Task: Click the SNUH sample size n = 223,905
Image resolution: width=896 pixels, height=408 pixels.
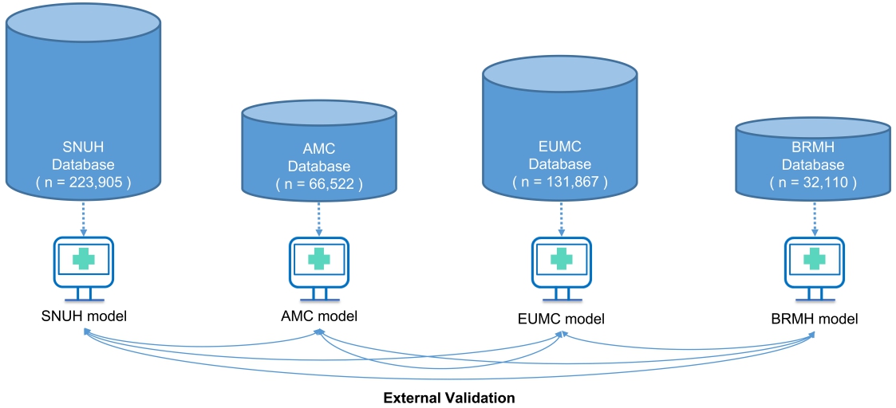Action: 83,182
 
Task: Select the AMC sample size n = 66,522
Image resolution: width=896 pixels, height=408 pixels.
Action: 319,184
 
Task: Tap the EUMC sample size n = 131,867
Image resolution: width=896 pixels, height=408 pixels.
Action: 560,181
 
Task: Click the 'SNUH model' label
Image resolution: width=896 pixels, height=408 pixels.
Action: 84,316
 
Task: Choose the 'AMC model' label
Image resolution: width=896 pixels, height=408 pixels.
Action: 318,316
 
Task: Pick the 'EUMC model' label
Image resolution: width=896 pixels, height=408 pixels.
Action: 560,320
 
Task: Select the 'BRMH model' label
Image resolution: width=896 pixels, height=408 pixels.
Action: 812,320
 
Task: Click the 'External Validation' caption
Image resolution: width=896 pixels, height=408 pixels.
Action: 448,397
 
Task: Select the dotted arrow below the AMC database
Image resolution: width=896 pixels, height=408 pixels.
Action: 319,215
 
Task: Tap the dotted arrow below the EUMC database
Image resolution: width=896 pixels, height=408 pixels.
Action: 561,215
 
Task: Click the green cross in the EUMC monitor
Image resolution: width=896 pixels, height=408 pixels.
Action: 561,258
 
